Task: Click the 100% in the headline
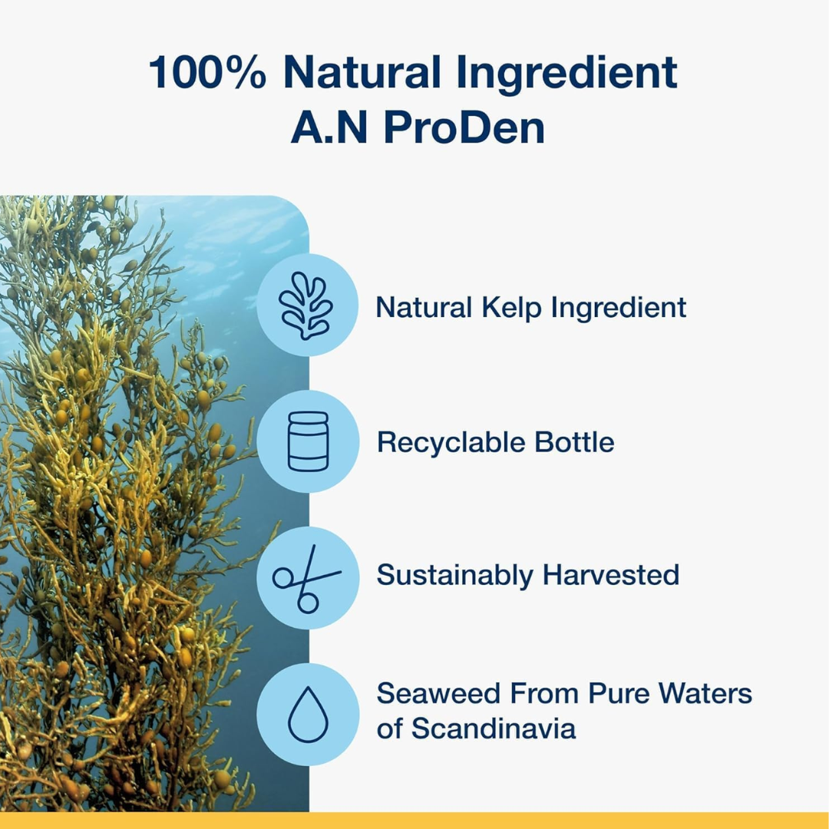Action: [x=208, y=71]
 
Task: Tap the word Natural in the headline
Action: [x=362, y=71]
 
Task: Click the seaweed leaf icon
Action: [x=306, y=305]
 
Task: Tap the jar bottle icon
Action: [x=309, y=441]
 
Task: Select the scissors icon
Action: [x=306, y=579]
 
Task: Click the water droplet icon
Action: [x=309, y=715]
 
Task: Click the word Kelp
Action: [x=511, y=308]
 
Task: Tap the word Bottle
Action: [x=575, y=442]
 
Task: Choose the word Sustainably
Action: [x=454, y=576]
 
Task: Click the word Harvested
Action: [x=611, y=575]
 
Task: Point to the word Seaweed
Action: [x=438, y=693]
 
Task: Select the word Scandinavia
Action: [x=494, y=728]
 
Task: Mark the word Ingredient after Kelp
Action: [x=619, y=309]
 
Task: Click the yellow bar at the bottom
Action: [x=414, y=821]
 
